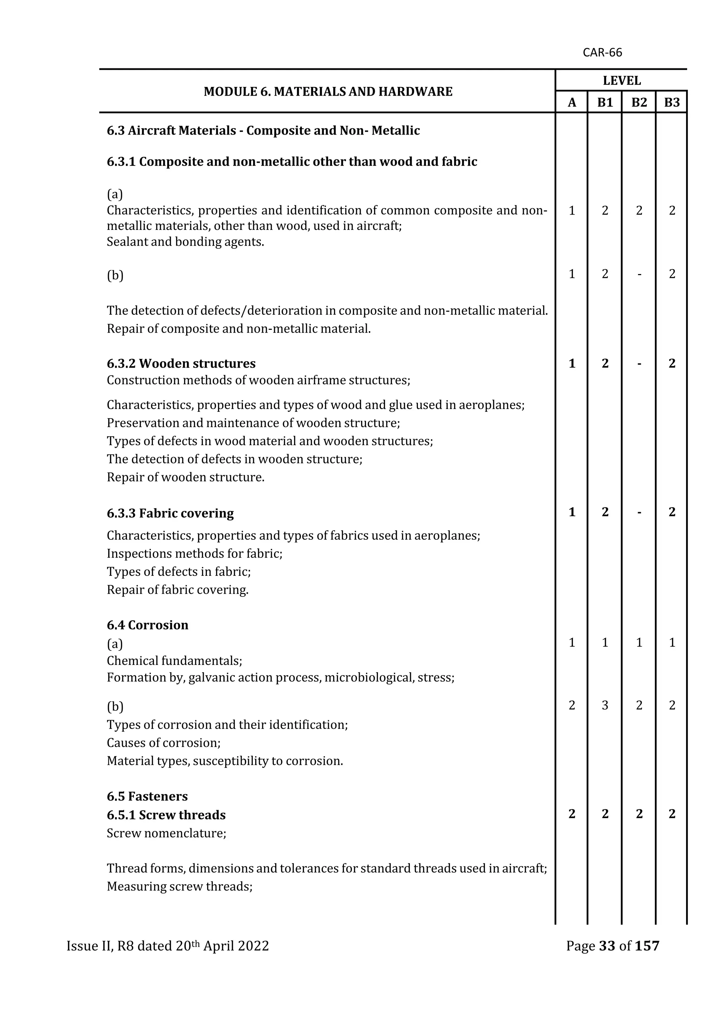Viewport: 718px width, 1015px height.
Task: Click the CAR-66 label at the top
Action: (x=602, y=53)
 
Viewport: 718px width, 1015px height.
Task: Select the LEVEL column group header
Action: (x=622, y=81)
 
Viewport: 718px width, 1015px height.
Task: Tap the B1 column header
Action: (x=605, y=103)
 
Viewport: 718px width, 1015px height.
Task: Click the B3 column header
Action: (x=672, y=103)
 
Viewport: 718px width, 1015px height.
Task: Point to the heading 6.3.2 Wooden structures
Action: (x=181, y=363)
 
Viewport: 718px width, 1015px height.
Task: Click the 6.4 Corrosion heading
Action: (x=147, y=625)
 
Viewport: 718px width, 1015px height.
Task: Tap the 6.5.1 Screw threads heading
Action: (x=166, y=815)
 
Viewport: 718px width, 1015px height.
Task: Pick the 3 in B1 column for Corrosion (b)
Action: (x=605, y=705)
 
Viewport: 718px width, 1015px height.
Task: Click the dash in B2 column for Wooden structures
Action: (x=639, y=364)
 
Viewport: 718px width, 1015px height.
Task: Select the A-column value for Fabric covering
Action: (x=572, y=512)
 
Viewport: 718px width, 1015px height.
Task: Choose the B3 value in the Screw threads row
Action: (x=672, y=814)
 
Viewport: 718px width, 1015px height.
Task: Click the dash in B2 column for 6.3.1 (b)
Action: (x=639, y=274)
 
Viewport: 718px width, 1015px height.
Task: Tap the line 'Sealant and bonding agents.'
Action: (x=185, y=242)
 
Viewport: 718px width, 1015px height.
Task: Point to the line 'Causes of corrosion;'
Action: (x=164, y=743)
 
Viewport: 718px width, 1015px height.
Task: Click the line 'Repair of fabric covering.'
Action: (x=177, y=590)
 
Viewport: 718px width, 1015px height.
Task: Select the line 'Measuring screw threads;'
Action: (x=179, y=886)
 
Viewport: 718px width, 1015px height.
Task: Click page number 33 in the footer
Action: (x=607, y=946)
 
